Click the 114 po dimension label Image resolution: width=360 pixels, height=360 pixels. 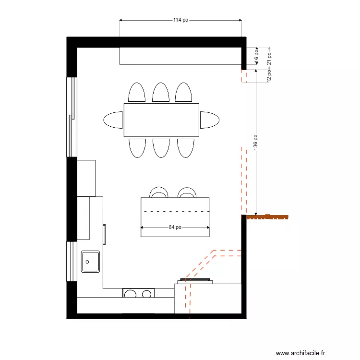click(180, 20)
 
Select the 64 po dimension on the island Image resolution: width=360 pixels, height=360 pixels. click(175, 228)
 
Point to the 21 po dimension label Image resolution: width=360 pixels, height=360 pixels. click(270, 58)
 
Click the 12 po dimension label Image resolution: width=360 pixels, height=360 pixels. click(270, 75)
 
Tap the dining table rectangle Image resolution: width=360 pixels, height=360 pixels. click(161, 120)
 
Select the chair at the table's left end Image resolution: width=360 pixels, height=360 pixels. click(114, 120)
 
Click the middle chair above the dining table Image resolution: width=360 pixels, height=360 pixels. click(161, 92)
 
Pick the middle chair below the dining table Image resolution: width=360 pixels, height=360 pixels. click(161, 147)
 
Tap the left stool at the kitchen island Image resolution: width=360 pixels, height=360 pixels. click(159, 193)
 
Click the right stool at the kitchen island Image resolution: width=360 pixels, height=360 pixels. click(187, 193)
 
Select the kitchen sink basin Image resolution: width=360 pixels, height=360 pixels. click(90, 262)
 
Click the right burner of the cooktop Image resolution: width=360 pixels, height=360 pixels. click(147, 293)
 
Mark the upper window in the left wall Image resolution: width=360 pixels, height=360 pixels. click(72, 117)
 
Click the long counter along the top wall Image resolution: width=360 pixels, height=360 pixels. click(180, 56)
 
